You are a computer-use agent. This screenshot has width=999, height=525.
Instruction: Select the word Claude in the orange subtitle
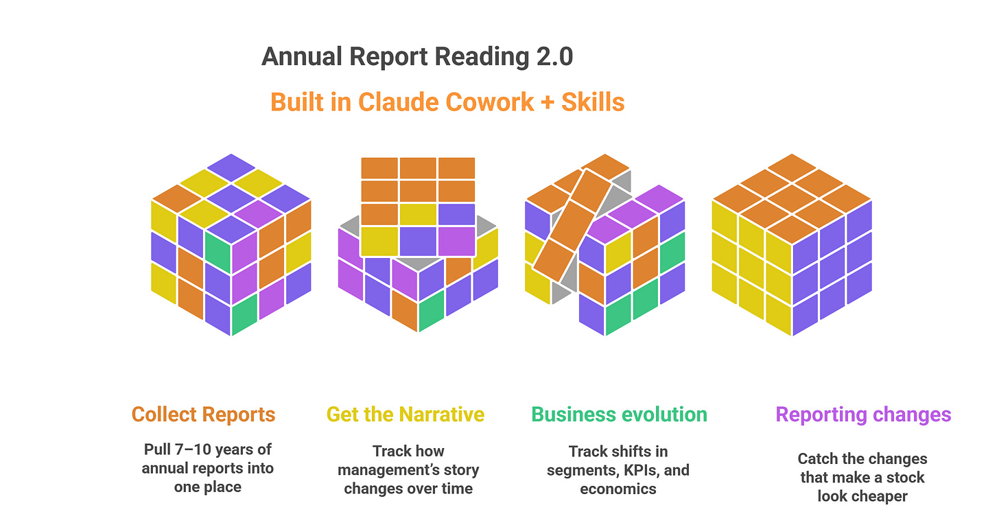[x=398, y=102]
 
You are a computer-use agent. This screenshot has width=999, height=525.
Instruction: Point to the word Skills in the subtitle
[x=593, y=102]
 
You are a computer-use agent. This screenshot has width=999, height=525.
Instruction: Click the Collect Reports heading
[x=203, y=415]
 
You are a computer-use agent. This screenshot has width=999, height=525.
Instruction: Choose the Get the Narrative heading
[x=405, y=415]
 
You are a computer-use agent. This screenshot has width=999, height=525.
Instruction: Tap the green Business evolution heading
[x=619, y=415]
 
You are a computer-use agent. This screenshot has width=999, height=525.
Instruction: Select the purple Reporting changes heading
[x=863, y=415]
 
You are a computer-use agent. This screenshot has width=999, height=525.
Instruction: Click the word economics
[x=618, y=489]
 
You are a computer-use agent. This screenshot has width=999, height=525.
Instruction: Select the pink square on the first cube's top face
[x=258, y=212]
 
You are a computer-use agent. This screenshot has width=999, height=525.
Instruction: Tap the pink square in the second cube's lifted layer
[x=456, y=241]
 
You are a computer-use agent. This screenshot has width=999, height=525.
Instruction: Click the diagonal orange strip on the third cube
[x=567, y=219]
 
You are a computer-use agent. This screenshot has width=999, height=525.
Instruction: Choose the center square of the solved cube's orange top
[x=792, y=200]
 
